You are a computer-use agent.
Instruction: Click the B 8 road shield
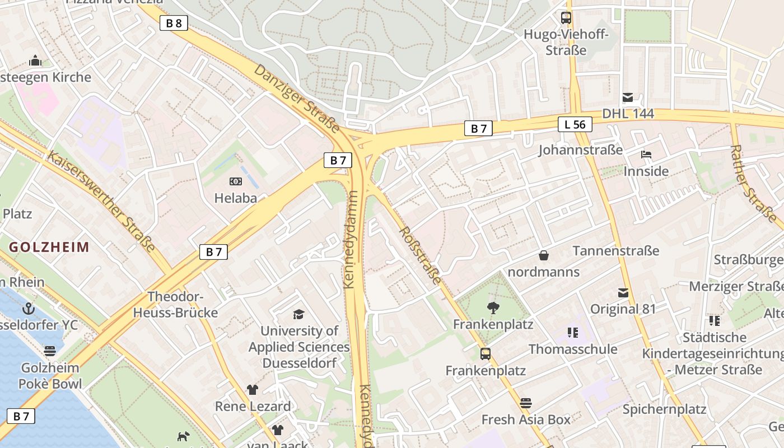174,23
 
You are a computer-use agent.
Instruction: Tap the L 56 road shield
575,124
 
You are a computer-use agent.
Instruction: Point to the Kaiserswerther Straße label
101,201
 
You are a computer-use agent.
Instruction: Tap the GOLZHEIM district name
49,247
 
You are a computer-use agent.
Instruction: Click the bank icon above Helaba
236,181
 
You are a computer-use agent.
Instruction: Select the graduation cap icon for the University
298,314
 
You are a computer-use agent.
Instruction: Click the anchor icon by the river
28,309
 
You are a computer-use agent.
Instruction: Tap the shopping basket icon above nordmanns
543,256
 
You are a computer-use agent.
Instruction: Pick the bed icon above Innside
646,155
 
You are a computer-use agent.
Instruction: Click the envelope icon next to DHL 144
627,97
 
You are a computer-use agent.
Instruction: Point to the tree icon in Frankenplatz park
493,307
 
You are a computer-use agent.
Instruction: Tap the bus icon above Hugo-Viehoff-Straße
566,18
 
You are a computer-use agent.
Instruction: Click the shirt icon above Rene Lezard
253,390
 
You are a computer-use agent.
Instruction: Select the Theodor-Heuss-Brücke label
175,305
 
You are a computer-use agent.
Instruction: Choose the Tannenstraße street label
616,250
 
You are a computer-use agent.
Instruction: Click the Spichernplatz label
665,409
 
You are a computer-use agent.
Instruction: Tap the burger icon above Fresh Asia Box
525,403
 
